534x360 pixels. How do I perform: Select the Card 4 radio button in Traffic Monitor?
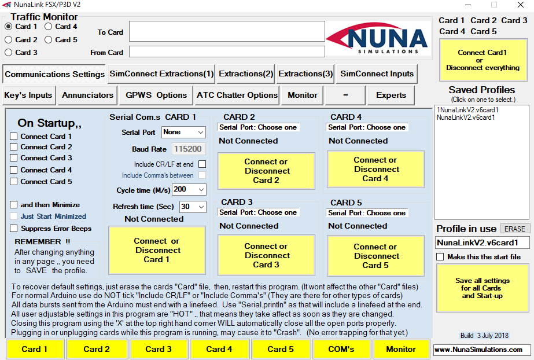[x=49, y=27]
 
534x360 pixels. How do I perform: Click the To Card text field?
[x=227, y=31]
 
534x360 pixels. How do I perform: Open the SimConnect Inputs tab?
[x=377, y=74]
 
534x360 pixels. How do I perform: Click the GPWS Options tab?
[x=156, y=95]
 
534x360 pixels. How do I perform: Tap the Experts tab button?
[x=391, y=95]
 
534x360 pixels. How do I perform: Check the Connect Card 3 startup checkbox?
[x=14, y=158]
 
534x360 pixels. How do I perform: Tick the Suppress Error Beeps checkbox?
[x=14, y=228]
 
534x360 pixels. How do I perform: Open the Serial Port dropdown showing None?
[x=183, y=132]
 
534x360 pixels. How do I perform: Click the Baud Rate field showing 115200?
[x=189, y=149]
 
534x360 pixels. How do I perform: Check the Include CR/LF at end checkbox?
[x=202, y=164]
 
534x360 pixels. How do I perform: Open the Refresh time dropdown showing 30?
[x=193, y=207]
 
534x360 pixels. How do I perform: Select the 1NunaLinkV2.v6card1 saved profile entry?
[x=467, y=110]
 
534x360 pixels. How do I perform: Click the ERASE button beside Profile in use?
[x=514, y=229]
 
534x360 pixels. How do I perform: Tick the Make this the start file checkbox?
[x=440, y=257]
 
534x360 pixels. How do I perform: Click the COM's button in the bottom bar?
[x=341, y=349]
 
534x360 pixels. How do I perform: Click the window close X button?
[x=521, y=5]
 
